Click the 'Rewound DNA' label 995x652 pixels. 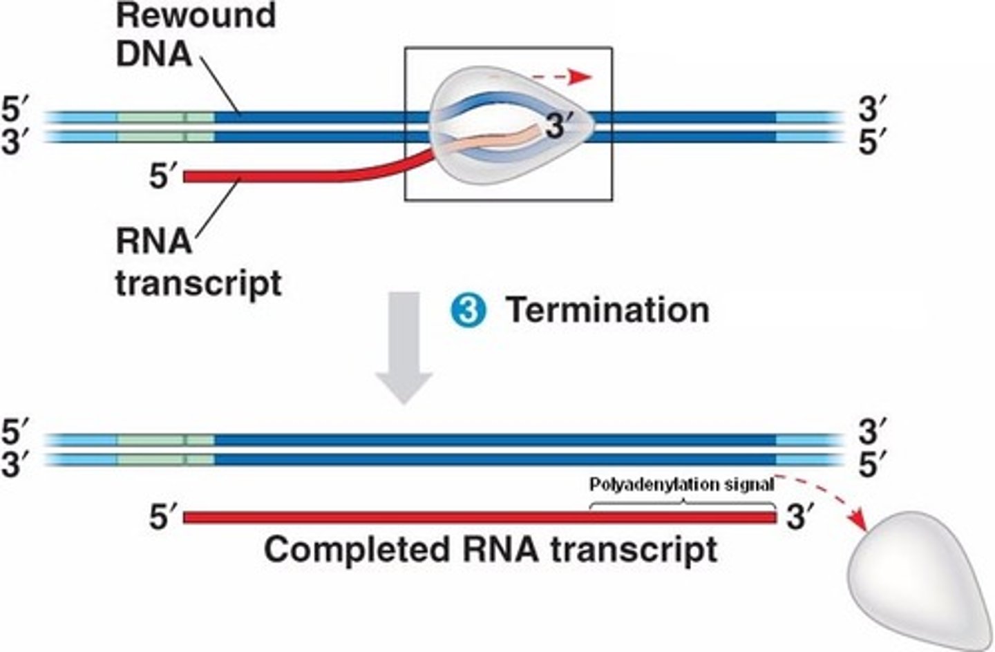coord(196,35)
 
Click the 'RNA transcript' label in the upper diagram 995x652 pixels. coord(198,262)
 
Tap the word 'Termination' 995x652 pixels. coord(607,310)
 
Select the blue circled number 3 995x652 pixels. coord(468,310)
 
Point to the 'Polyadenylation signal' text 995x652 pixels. coord(681,485)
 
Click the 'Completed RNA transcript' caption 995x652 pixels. coord(490,550)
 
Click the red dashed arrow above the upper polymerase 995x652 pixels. coord(562,77)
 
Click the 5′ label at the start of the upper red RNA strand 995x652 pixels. coord(164,178)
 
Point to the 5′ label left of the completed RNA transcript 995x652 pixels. coord(164,517)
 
